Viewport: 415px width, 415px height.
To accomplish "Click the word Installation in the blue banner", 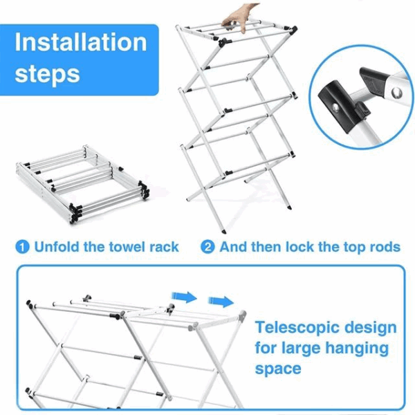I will coord(81,42).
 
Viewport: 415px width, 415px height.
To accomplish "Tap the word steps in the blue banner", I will coord(48,73).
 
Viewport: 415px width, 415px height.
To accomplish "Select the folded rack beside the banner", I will coord(82,183).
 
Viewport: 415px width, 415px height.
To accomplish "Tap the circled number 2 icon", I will coord(208,247).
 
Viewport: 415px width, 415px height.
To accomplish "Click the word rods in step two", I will coord(382,247).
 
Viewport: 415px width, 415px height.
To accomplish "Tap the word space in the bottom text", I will coord(278,368).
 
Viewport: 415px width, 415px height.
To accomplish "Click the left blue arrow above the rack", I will coord(183,297).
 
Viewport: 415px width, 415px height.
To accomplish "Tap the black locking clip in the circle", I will coord(337,97).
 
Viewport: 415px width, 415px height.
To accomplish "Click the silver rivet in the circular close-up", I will coord(396,92).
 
